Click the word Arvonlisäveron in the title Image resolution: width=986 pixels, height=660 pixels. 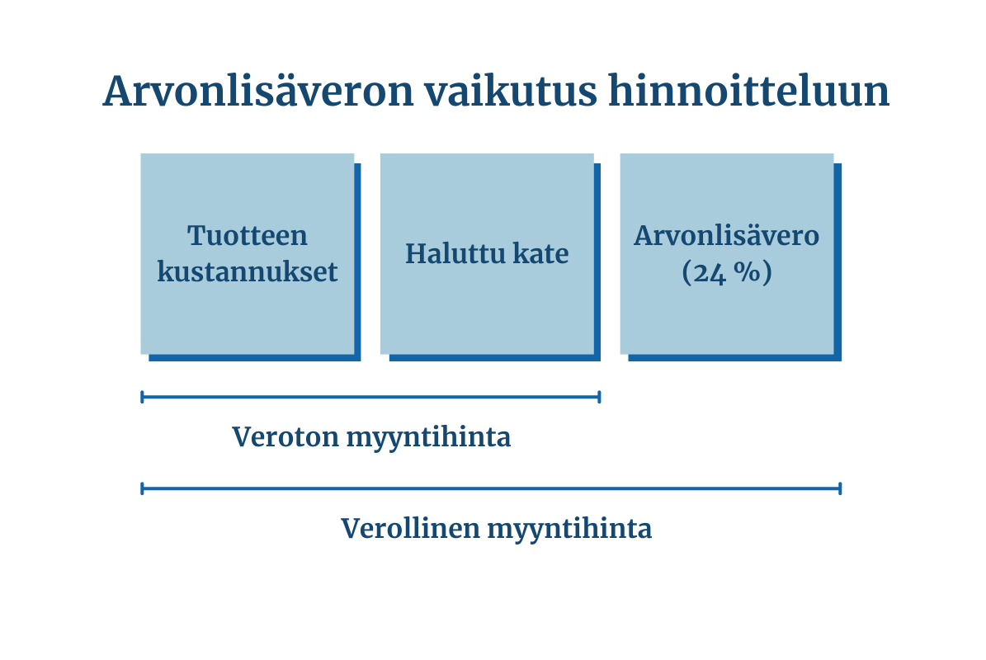coord(257,92)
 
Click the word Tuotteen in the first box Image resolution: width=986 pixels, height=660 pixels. coord(248,236)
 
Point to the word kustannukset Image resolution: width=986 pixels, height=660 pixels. coord(248,272)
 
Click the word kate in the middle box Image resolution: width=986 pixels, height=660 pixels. coord(541,253)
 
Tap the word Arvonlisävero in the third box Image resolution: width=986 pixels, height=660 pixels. coord(727,236)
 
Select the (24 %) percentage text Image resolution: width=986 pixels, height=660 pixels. coord(727,272)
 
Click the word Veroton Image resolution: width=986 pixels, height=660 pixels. coord(284,437)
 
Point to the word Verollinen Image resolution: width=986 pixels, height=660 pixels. coord(409,528)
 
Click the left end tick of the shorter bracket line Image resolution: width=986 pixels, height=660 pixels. coord(143,397)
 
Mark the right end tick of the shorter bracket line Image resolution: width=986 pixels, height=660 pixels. coord(599,397)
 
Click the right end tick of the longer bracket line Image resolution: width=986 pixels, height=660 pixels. coord(840,488)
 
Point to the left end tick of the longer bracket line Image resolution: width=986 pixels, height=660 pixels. coord(143,488)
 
